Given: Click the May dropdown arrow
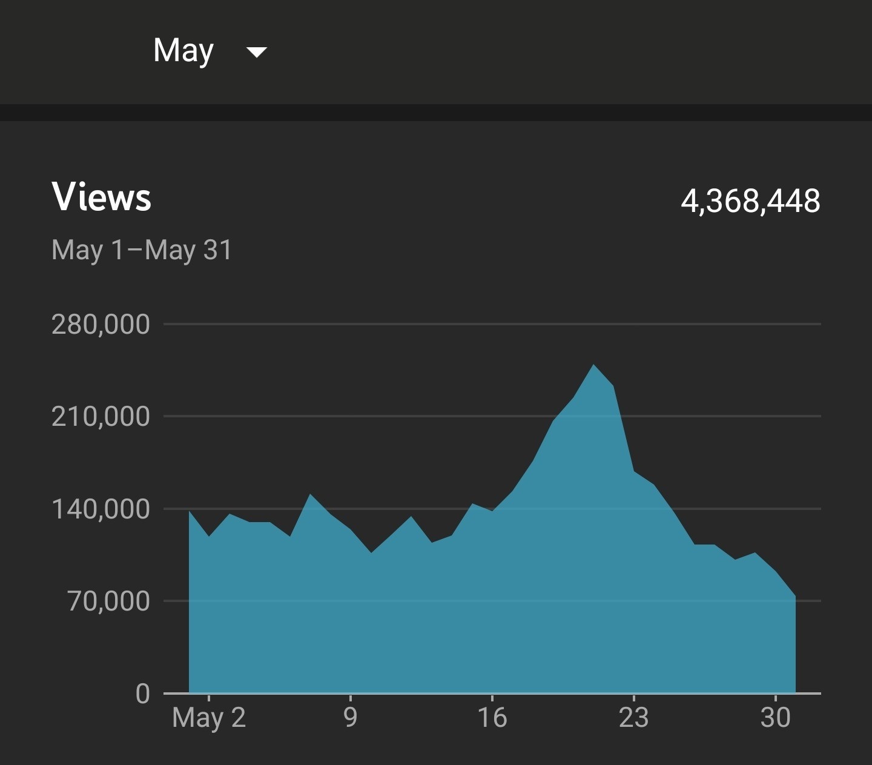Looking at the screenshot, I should tap(257, 53).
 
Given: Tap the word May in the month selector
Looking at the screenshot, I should tap(183, 51).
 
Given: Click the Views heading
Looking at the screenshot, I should tap(102, 197).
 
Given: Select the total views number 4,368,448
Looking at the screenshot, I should tap(750, 200).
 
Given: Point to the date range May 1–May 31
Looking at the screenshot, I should tap(142, 250).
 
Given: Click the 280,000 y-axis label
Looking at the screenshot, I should tap(101, 325).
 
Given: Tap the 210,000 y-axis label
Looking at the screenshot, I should tap(101, 417).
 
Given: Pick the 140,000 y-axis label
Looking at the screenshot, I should tap(101, 509).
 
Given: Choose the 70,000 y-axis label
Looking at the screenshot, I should tap(108, 601).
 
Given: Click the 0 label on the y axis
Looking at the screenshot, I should tap(143, 694).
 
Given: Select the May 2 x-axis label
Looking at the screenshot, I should tap(209, 718).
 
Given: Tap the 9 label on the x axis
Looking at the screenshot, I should tap(351, 718).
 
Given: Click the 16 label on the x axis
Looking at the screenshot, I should tap(492, 718).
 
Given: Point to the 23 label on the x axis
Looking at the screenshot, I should tap(634, 718).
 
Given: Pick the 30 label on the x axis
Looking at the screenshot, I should tap(776, 718).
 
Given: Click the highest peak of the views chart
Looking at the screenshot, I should tap(593, 365).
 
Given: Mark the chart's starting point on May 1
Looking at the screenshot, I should tap(190, 512).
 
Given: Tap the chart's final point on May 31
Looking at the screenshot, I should tap(795, 597).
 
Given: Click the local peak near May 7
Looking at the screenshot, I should tap(311, 495).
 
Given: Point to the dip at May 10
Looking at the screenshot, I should tap(371, 552).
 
